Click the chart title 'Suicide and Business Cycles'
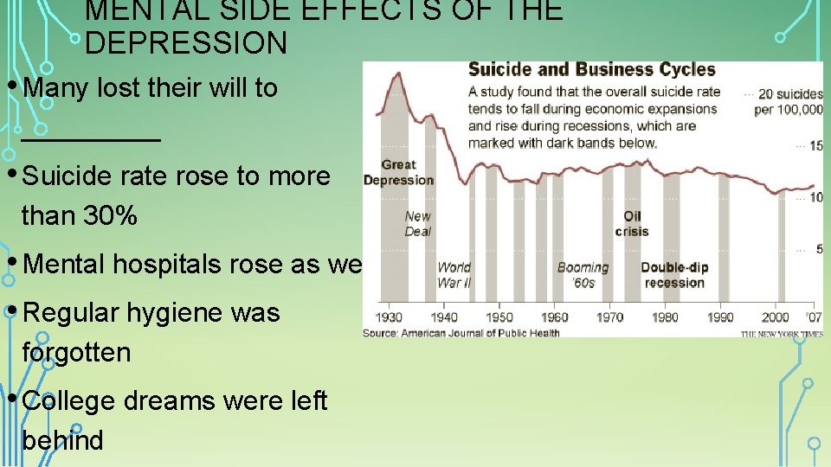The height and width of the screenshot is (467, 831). click(591, 70)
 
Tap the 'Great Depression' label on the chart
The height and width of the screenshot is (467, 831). click(398, 172)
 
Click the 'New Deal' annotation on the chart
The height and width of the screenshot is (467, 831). click(418, 223)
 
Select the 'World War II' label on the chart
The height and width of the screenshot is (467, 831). click(454, 275)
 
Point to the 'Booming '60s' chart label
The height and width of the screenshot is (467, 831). click(583, 275)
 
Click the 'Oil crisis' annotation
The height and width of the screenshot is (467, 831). click(632, 223)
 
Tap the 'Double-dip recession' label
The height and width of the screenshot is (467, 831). click(674, 275)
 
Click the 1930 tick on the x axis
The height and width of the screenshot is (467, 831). click(389, 317)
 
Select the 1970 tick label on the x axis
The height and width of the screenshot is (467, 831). click(609, 317)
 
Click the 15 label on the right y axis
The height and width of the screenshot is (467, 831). click(815, 146)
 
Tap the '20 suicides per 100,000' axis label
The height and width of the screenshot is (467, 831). click(788, 101)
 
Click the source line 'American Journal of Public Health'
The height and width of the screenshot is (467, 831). click(480, 332)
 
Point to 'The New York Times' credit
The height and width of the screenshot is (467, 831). click(782, 333)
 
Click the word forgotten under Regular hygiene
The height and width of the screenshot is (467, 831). click(76, 352)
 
